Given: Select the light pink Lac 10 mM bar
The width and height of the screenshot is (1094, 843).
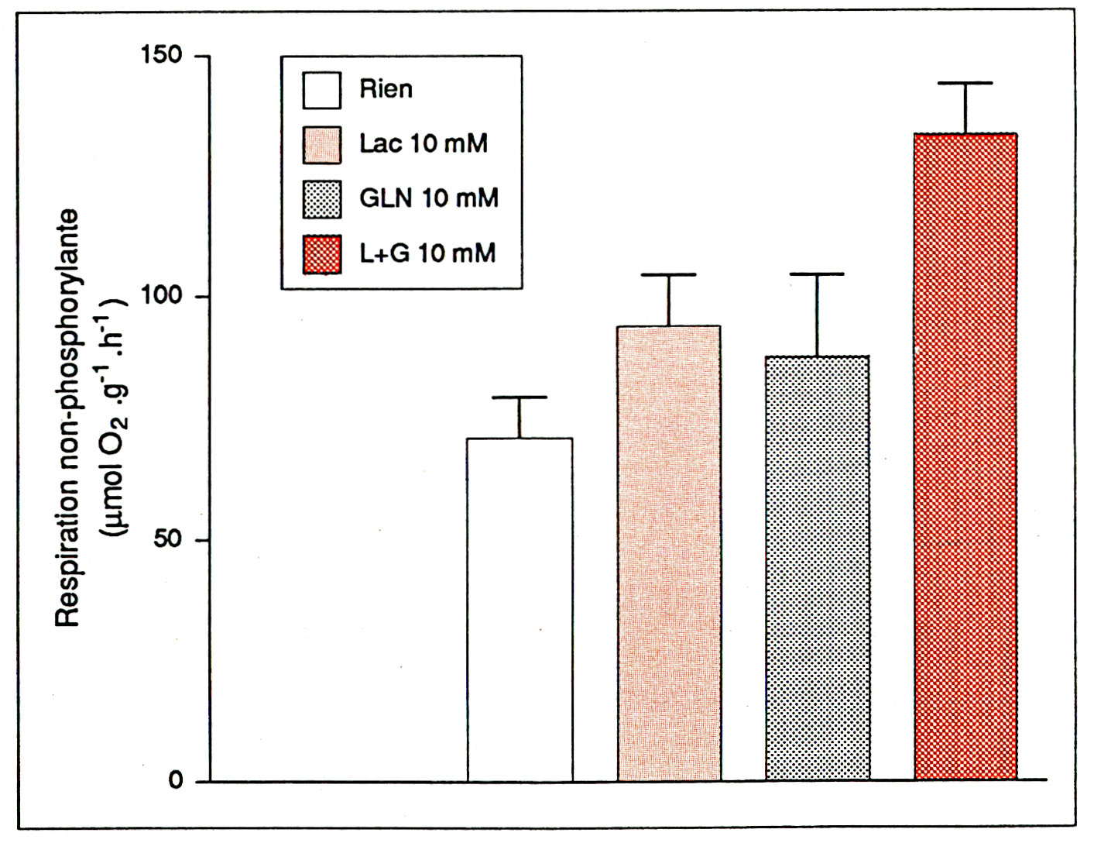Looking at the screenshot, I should click(x=669, y=553).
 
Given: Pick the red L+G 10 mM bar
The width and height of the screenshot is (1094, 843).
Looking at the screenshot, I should click(x=965, y=457).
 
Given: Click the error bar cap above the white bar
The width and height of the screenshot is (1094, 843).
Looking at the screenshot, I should click(x=520, y=397).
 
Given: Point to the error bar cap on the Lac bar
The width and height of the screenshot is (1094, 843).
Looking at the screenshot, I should click(x=669, y=275).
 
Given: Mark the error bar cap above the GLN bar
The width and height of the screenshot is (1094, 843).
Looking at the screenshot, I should click(x=817, y=274).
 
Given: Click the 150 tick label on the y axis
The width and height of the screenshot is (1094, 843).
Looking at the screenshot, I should click(x=160, y=56).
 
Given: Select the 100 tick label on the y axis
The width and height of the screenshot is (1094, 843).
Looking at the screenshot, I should click(x=160, y=297).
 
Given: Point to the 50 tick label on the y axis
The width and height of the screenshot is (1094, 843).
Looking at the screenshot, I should click(x=168, y=539).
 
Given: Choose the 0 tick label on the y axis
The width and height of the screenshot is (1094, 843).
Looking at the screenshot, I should click(x=176, y=780).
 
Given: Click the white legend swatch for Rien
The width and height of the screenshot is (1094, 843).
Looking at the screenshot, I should click(x=321, y=91).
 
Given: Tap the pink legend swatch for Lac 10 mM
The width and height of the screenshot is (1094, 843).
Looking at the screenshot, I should click(x=321, y=145).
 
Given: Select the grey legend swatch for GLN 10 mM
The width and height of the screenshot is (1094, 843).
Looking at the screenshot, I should click(x=321, y=199).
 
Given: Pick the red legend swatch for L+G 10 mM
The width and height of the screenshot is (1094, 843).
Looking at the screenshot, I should click(x=321, y=254).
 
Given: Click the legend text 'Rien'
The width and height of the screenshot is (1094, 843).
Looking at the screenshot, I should click(x=386, y=90).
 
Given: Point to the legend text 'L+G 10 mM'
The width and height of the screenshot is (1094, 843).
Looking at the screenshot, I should click(x=427, y=253).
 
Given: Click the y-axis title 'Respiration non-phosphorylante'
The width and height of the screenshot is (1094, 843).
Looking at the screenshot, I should click(x=68, y=418).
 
